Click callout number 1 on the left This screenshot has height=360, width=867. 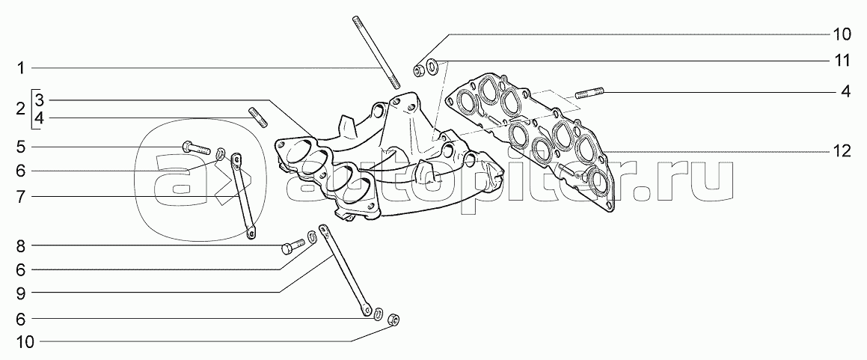pyautogui.click(x=22, y=69)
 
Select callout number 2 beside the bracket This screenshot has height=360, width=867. pyautogui.click(x=21, y=109)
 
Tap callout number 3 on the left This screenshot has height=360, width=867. pyautogui.click(x=40, y=100)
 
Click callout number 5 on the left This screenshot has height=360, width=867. pyautogui.click(x=22, y=146)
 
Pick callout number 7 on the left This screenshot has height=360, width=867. pyautogui.click(x=22, y=196)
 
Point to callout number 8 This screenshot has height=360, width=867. pyautogui.click(x=22, y=245)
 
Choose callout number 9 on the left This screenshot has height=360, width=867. pyautogui.click(x=22, y=292)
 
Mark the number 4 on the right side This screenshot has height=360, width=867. pyautogui.click(x=845, y=93)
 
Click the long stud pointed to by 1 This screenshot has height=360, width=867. pyautogui.click(x=375, y=52)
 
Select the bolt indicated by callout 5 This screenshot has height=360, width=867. pyautogui.click(x=197, y=147)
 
